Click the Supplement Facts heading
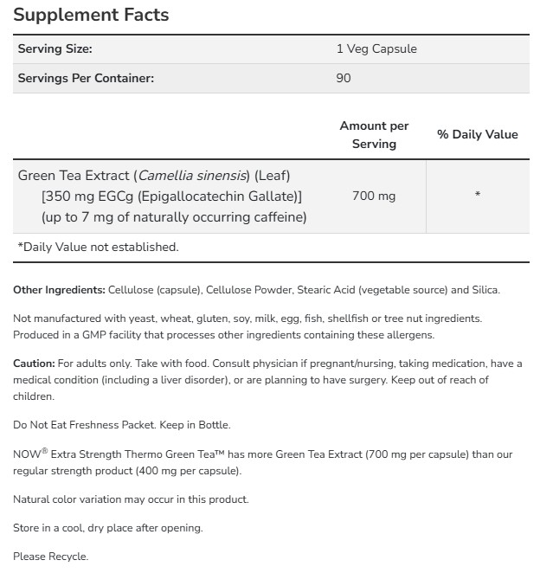click(x=91, y=15)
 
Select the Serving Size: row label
click(x=55, y=49)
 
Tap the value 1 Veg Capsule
click(x=376, y=49)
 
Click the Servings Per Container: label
click(x=86, y=78)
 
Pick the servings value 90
click(x=344, y=78)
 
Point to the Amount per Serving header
click(x=374, y=135)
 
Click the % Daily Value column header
click(x=477, y=134)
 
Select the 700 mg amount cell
click(x=374, y=196)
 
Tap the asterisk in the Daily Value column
click(x=477, y=196)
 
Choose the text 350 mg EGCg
click(x=89, y=196)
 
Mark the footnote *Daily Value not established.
click(x=98, y=247)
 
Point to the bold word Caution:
click(x=34, y=364)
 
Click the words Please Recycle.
click(x=50, y=557)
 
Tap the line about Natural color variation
click(x=131, y=499)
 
